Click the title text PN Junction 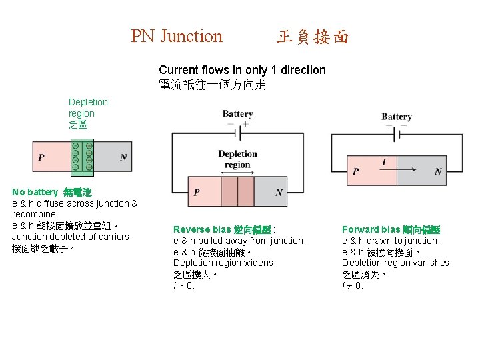point(177,36)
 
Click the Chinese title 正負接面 point(313,37)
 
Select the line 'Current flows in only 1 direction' point(242,70)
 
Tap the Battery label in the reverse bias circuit point(237,113)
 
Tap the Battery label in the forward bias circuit point(397,117)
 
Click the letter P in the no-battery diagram point(41,158)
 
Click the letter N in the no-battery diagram point(123,158)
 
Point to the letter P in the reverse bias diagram point(197,193)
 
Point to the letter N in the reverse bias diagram point(279,193)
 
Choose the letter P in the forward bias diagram point(355,171)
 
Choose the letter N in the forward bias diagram point(437,171)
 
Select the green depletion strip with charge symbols point(83,156)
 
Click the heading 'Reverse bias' point(201,229)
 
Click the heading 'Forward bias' point(370,229)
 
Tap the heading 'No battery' point(37,192)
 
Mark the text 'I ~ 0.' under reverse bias point(184,285)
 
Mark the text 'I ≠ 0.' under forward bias point(353,285)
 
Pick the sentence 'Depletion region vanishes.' point(397,263)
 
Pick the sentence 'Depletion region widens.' point(224,263)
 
